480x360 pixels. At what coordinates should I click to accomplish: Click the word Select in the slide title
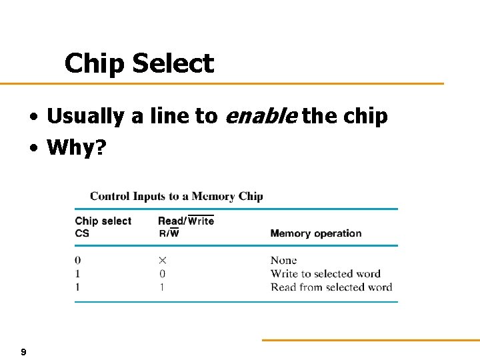pyautogui.click(x=173, y=64)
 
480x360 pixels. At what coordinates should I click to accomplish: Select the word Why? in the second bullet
pyautogui.click(x=76, y=147)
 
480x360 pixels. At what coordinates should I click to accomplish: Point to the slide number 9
pyautogui.click(x=23, y=351)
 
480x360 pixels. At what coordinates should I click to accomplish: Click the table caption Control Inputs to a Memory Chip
pyautogui.click(x=177, y=196)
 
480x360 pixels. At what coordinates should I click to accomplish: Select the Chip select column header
pyautogui.click(x=103, y=221)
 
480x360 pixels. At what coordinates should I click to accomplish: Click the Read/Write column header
pyautogui.click(x=186, y=221)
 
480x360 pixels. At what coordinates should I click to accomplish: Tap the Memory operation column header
pyautogui.click(x=316, y=233)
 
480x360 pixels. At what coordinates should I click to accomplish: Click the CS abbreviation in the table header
pyautogui.click(x=82, y=233)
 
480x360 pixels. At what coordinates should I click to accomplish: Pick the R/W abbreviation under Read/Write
pyautogui.click(x=168, y=233)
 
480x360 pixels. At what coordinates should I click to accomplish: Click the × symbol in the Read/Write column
pyautogui.click(x=162, y=260)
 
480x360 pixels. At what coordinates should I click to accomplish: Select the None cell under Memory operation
pyautogui.click(x=283, y=260)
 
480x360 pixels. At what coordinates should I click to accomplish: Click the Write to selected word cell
pyautogui.click(x=325, y=273)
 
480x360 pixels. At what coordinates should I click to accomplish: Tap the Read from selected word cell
pyautogui.click(x=331, y=287)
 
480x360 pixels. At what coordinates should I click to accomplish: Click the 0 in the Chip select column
pyautogui.click(x=78, y=260)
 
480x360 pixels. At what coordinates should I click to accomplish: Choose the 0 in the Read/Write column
pyautogui.click(x=162, y=273)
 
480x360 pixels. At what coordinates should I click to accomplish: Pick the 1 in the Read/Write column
pyautogui.click(x=162, y=287)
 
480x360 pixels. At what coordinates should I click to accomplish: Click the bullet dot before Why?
pyautogui.click(x=33, y=148)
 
